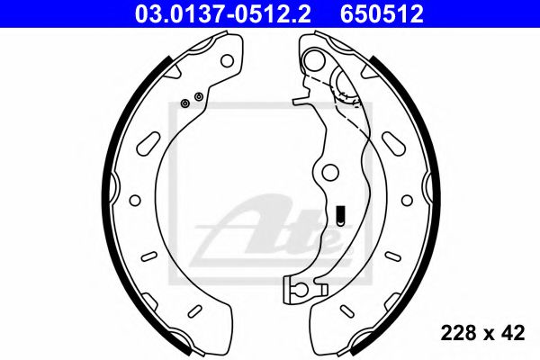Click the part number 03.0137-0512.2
click(x=227, y=13)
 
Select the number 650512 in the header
click(x=382, y=13)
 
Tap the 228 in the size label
click(x=456, y=334)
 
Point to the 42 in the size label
click(x=513, y=334)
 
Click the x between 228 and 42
click(x=486, y=335)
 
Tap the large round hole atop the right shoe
click(x=314, y=60)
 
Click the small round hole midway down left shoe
click(x=135, y=199)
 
